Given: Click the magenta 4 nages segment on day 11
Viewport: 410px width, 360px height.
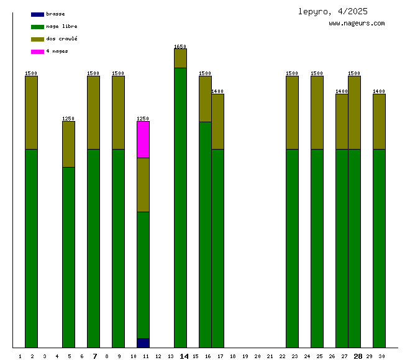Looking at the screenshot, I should tap(143, 140).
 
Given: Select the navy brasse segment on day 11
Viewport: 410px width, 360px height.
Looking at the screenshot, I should tap(143, 343).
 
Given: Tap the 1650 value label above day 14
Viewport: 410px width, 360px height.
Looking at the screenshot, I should tap(180, 47).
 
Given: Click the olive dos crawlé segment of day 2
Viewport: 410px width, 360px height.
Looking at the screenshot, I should tap(31, 112).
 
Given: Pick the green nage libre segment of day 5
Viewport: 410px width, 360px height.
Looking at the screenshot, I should tap(68, 258).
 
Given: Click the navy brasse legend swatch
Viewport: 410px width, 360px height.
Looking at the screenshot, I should tap(37, 14).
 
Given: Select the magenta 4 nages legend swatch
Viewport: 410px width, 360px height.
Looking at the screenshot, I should tap(37, 52).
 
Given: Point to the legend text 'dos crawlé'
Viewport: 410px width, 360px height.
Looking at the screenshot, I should tap(61, 39).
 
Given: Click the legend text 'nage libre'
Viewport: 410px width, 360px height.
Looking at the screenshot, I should tap(61, 27).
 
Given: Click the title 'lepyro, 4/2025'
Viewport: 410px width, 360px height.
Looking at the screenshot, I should tap(332, 12).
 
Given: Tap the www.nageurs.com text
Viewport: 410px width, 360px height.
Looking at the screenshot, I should tap(357, 24).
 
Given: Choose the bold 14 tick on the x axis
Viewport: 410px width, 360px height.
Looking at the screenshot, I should tap(184, 356).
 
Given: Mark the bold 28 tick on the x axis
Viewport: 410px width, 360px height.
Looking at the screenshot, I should tap(358, 356).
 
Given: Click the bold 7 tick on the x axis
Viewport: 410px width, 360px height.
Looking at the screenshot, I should tap(94, 356).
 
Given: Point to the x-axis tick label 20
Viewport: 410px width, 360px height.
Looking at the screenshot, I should tap(257, 356).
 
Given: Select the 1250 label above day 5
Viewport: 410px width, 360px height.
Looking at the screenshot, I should tap(68, 119).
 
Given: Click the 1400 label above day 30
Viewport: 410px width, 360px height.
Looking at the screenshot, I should tap(379, 91).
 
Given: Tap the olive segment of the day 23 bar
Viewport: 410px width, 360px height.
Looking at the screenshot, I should tap(292, 112).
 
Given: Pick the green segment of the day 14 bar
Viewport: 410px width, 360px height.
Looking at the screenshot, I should tap(180, 208).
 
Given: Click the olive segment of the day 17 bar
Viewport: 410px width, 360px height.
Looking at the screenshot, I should tap(217, 122).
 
